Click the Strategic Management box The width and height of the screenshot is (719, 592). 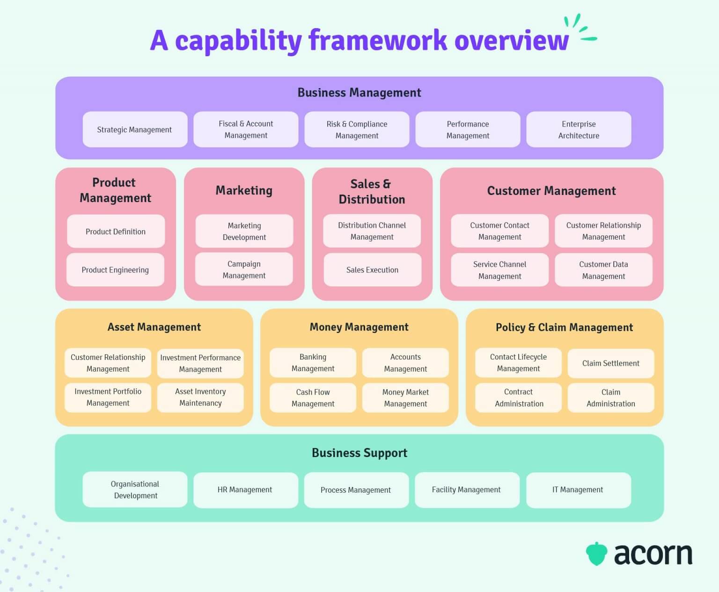click(135, 129)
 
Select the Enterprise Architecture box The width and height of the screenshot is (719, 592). click(579, 129)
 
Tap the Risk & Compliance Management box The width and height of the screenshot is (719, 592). click(357, 129)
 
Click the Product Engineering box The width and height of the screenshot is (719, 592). click(115, 270)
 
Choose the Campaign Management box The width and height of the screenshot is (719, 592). click(244, 270)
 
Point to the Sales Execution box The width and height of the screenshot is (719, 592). click(372, 270)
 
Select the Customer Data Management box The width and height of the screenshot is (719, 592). click(603, 270)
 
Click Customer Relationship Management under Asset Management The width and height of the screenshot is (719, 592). click(108, 363)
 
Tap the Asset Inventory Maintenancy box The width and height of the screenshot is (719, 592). click(200, 397)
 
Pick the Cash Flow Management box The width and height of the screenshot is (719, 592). click(313, 397)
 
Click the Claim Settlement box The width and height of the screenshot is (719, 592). click(610, 363)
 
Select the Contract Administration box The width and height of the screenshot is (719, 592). click(519, 397)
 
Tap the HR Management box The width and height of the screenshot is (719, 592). click(245, 490)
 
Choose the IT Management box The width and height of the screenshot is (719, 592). click(578, 490)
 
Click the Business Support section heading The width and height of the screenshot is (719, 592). click(359, 453)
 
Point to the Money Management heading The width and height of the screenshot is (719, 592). click(359, 327)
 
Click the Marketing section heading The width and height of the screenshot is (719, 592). click(244, 190)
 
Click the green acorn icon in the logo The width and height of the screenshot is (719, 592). click(596, 554)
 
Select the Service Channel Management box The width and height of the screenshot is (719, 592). click(499, 270)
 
